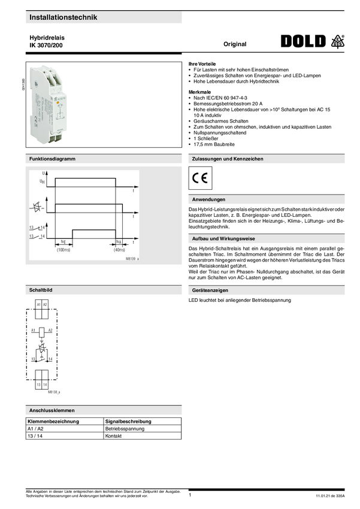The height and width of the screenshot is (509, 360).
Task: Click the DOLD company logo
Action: pos(303,41)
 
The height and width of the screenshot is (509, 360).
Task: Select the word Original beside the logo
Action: pos(235,44)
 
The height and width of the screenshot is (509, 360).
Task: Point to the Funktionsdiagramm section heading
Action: pos(52,159)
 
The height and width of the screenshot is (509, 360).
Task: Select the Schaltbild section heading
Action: pos(41,290)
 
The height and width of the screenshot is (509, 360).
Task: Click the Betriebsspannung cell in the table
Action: pos(125,429)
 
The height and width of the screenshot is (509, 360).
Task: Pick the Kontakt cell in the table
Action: pos(114,436)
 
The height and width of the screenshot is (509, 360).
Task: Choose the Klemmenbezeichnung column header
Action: pos(53,422)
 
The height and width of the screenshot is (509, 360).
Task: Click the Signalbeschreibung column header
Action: pos(128,422)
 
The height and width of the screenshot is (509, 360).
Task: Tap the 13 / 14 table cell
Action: pos(35,436)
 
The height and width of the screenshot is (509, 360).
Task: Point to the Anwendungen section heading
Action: pos(208,199)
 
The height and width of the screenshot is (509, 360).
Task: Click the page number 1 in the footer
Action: pos(190,495)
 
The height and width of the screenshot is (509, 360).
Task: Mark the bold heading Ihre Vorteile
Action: pos(202,63)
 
